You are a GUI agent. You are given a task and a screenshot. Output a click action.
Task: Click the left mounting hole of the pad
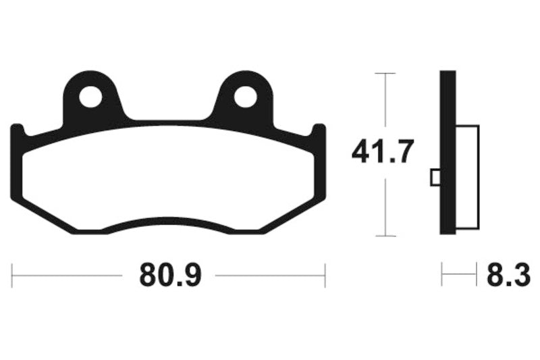(90, 98)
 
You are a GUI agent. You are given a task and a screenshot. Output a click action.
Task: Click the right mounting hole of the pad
(246, 98)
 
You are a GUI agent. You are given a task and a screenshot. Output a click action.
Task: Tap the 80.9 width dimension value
(171, 276)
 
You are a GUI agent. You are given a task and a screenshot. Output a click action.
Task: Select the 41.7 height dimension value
(382, 153)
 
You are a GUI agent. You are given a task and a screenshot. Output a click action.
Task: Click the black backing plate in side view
(448, 153)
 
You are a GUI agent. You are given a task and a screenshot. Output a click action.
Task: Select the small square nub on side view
(435, 177)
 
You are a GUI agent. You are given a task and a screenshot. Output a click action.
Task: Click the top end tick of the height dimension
(384, 72)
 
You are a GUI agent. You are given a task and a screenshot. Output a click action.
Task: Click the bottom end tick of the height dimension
(384, 236)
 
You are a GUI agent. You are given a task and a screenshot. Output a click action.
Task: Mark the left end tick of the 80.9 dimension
(13, 276)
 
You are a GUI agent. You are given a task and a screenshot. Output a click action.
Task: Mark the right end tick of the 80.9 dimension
(325, 276)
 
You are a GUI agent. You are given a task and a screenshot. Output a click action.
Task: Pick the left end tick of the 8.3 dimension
(442, 276)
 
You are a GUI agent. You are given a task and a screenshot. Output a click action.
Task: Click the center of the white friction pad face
(169, 177)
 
